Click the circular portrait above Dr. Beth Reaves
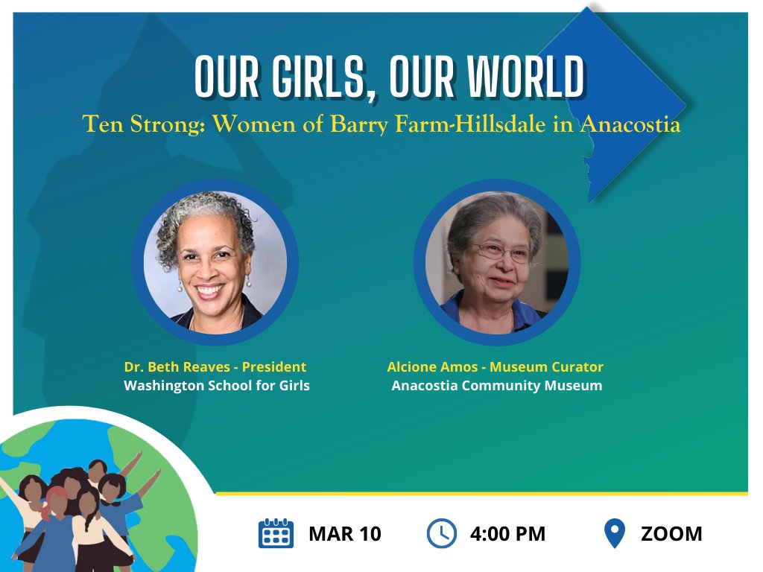(x=215, y=261)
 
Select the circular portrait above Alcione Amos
(x=496, y=261)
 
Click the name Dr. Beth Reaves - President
(x=215, y=366)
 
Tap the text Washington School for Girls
(x=216, y=386)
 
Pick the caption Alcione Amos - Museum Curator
(x=495, y=366)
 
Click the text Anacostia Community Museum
(x=496, y=386)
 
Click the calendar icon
(x=276, y=534)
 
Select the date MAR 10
(x=344, y=534)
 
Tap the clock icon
(x=441, y=534)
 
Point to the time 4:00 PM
(x=507, y=534)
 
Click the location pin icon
(x=614, y=534)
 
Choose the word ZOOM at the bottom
(x=671, y=534)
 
